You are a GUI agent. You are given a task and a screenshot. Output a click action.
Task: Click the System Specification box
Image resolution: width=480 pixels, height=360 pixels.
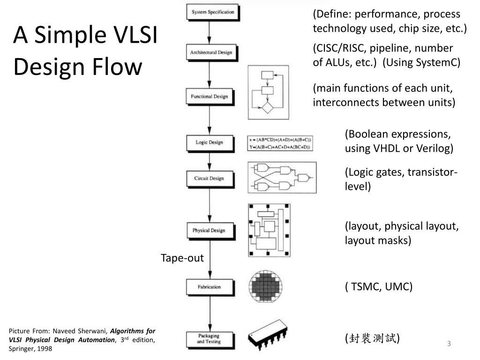pyautogui.click(x=213, y=12)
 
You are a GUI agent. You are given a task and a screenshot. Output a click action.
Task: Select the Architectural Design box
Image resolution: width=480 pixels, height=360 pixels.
pyautogui.click(x=211, y=52)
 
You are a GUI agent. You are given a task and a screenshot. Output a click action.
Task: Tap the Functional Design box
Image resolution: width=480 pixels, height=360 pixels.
pyautogui.click(x=209, y=97)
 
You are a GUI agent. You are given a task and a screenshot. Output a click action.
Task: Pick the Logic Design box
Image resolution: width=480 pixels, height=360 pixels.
pyautogui.click(x=209, y=142)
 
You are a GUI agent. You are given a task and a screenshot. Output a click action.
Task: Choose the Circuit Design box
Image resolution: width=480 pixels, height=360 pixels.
pyautogui.click(x=209, y=178)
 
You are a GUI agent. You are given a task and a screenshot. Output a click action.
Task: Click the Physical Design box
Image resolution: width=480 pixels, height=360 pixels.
pyautogui.click(x=209, y=231)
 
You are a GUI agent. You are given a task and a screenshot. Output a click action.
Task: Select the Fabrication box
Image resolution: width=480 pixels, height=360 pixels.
pyautogui.click(x=209, y=287)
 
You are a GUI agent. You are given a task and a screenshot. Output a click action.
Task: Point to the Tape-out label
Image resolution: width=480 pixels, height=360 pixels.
pyautogui.click(x=182, y=258)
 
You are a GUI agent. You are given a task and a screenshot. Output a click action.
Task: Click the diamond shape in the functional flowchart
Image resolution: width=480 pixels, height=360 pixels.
pyautogui.click(x=267, y=107)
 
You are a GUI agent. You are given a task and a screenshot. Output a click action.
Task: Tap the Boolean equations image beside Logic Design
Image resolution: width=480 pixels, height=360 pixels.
pyautogui.click(x=280, y=143)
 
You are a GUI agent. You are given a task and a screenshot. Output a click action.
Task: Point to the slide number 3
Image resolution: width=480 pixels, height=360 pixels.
pyautogui.click(x=449, y=344)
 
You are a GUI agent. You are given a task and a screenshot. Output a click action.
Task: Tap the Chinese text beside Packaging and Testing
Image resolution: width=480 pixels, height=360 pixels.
pyautogui.click(x=373, y=338)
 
